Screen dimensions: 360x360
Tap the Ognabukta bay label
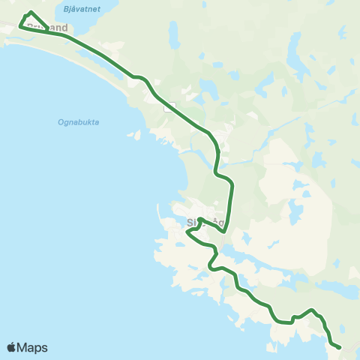78,121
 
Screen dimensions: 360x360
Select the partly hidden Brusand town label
47,28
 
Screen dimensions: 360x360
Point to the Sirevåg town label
205,223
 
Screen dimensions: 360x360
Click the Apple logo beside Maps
11,347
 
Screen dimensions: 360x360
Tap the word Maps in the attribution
33,347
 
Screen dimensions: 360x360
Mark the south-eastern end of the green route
340,347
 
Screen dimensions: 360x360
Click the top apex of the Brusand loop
30,12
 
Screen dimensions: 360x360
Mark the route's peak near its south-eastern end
312,309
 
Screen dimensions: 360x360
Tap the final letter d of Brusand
64,28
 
